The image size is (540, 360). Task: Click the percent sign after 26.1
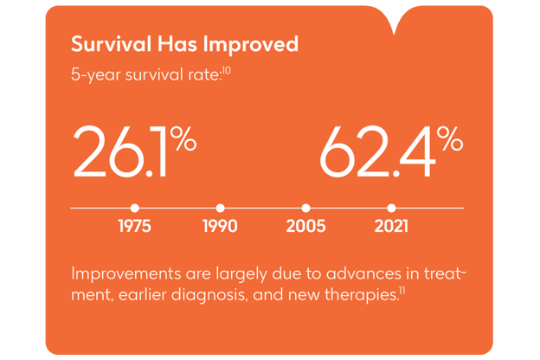183,138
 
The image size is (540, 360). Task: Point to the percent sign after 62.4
449,138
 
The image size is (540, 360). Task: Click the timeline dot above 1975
134,209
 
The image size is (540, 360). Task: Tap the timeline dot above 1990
220,209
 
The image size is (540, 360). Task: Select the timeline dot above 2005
305,209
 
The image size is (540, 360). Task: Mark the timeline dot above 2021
391,209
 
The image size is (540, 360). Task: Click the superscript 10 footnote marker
227,69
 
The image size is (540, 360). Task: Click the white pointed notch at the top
395,19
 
